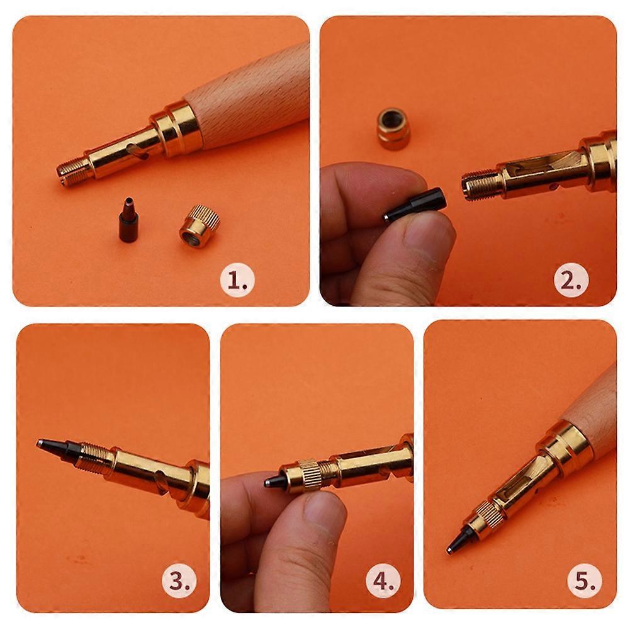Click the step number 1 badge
point(237,280)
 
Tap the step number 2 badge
point(571,280)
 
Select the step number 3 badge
point(179,581)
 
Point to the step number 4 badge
point(383,581)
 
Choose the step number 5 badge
point(585,581)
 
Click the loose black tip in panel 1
point(128,219)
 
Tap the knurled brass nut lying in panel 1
point(200,226)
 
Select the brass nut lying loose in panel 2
point(393,128)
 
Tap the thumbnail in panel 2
point(427,238)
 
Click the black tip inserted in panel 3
point(56,448)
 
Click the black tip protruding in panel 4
point(273,481)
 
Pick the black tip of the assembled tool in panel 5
point(457,541)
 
